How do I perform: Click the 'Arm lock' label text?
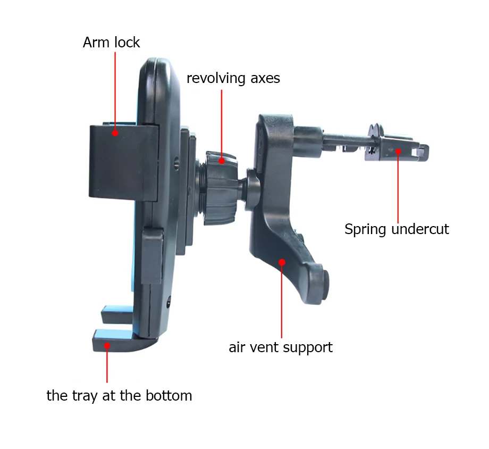coord(111,43)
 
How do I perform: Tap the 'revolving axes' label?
coord(233,78)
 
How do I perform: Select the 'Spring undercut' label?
coord(397,229)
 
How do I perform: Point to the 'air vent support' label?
coord(281,347)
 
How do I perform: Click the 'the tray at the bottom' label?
coord(119,396)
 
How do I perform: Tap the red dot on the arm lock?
coord(115,133)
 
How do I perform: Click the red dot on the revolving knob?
coord(222,161)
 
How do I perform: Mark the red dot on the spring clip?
coord(398,152)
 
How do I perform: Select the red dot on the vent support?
coord(282,262)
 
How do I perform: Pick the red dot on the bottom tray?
coord(107,346)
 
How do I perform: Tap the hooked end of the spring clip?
coord(422,153)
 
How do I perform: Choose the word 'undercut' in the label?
coord(420,229)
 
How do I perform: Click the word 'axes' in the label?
coord(265,79)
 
